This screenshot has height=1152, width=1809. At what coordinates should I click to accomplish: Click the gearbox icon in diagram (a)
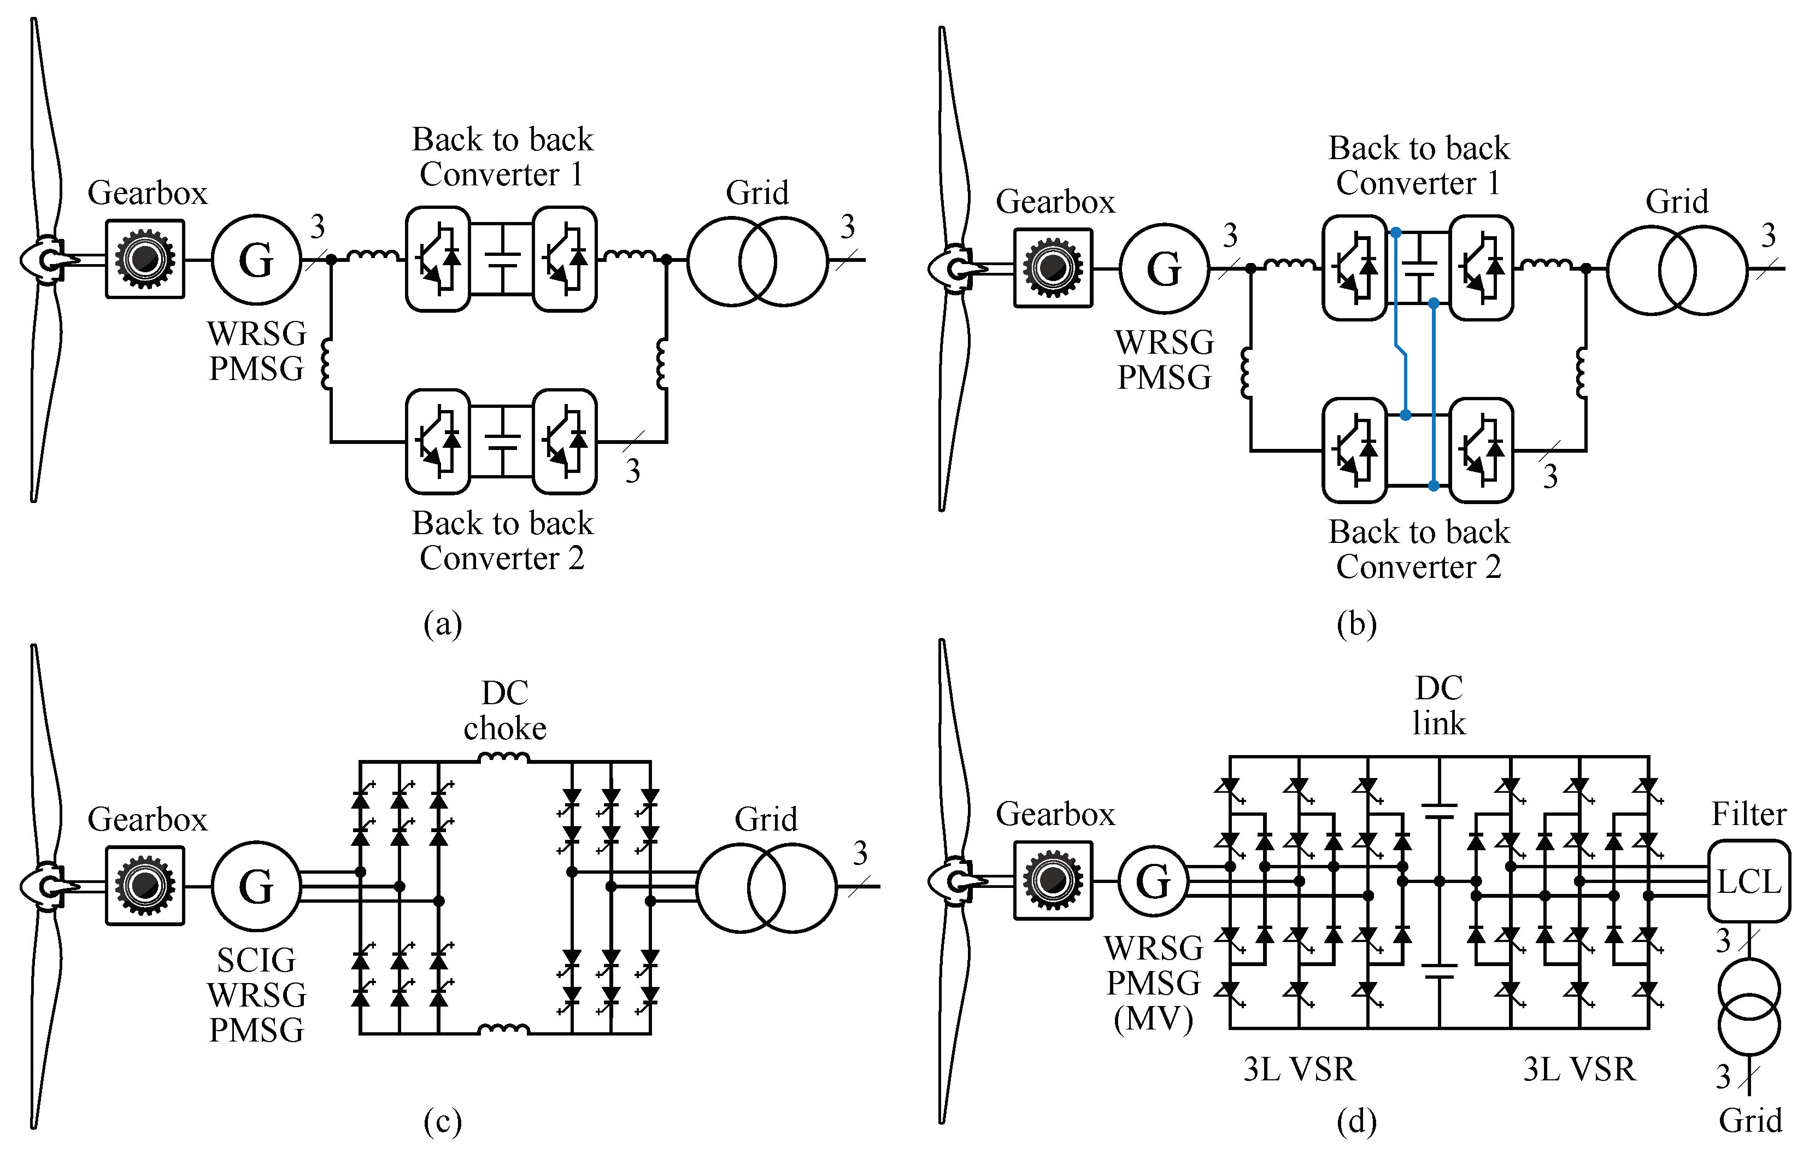click(x=145, y=259)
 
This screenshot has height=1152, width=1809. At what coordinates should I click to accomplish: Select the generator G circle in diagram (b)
click(x=1164, y=268)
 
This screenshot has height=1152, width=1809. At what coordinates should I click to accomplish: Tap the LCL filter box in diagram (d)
click(x=1748, y=881)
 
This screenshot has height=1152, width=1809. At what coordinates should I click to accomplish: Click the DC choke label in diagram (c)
click(x=505, y=710)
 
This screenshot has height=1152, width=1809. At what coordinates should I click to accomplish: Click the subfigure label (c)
click(x=443, y=1122)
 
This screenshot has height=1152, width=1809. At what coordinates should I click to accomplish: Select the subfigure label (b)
click(x=1356, y=624)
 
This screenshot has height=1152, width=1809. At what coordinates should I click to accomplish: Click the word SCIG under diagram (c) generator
click(x=256, y=961)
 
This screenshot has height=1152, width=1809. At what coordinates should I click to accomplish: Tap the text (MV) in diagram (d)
click(x=1153, y=1019)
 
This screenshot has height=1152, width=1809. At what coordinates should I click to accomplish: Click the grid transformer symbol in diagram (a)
click(x=757, y=261)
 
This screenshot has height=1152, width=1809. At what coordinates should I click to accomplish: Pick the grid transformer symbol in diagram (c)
click(x=766, y=887)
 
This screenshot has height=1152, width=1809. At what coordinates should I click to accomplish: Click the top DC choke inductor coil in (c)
click(x=504, y=758)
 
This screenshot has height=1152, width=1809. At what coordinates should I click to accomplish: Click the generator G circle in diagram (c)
click(x=256, y=887)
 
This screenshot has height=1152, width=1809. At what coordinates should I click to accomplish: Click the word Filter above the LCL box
click(x=1748, y=815)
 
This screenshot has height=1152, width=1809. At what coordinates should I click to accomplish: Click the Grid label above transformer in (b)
click(x=1677, y=201)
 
